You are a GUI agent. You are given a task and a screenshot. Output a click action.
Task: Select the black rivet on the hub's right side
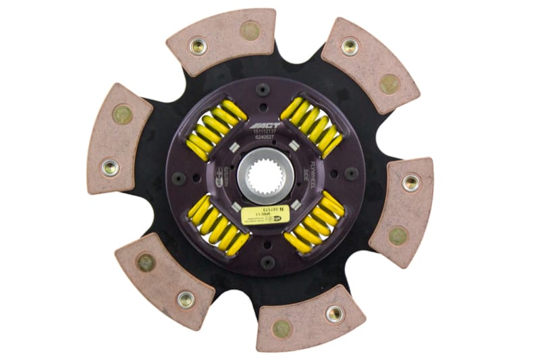[351, 173]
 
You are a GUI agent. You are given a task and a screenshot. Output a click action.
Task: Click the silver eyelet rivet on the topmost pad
[198, 46]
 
